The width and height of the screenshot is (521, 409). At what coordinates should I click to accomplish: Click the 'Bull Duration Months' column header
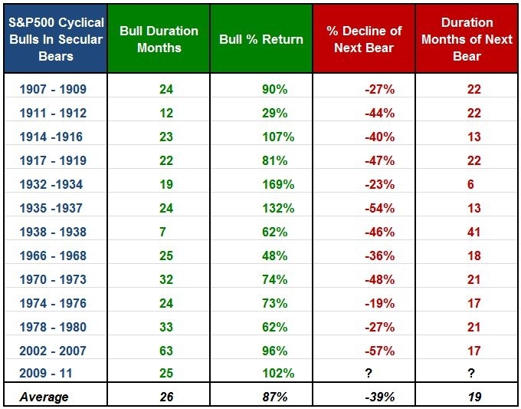point(159,39)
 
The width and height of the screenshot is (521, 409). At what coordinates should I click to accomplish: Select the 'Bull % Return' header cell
point(261,39)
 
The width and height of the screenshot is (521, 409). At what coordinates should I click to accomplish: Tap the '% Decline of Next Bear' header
point(364,39)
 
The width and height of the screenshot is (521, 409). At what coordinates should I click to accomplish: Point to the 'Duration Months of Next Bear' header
point(467,39)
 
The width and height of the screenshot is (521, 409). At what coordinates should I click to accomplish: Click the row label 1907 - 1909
point(53,89)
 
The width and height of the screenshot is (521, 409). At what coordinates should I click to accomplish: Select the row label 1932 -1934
point(51,184)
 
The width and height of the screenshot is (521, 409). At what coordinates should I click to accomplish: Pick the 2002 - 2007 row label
point(53,351)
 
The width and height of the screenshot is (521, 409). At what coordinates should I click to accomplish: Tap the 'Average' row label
point(44,397)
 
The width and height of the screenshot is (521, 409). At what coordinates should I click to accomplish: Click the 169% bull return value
point(278,184)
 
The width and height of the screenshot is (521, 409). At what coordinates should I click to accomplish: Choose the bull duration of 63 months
point(166,351)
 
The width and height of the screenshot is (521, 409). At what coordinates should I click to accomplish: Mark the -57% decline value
point(380,351)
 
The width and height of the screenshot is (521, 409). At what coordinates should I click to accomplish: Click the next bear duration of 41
point(473,232)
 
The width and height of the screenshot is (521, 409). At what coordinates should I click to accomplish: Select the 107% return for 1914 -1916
point(278,137)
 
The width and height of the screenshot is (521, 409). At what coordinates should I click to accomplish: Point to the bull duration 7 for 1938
point(162,232)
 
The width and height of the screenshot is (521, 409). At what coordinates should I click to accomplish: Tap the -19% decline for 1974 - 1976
point(380,303)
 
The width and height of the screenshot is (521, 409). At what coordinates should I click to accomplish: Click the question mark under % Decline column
point(369,373)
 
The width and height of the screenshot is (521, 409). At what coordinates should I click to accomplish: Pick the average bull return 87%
point(275,397)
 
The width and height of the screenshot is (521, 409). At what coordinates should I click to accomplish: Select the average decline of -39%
point(380,397)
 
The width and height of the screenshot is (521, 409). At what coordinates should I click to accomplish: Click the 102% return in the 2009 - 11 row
point(278,373)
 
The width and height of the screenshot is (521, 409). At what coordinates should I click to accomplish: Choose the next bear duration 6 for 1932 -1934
point(470,184)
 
